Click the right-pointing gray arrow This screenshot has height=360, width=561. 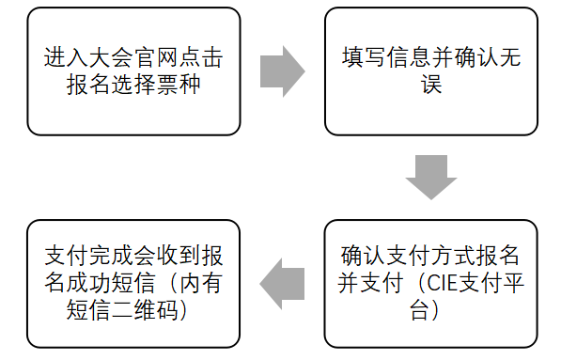tap(282, 70)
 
